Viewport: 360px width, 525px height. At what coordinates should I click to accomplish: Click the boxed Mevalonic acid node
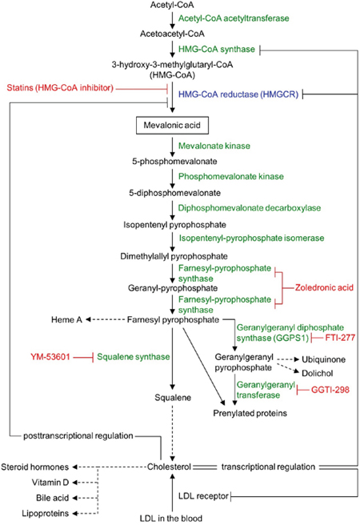coord(172,125)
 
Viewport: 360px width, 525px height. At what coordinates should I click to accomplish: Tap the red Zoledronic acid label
coord(324,287)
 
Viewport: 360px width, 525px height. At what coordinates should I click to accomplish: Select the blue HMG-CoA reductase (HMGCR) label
coord(238,94)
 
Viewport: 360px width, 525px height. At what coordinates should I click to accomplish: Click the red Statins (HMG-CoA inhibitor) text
coord(60,88)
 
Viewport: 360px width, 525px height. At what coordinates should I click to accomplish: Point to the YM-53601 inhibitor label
coord(50,357)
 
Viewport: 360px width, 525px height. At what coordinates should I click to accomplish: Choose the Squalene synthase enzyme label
coord(133,357)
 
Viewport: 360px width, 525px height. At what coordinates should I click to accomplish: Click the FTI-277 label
coord(340,338)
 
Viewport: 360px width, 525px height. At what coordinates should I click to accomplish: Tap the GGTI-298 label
coord(330,390)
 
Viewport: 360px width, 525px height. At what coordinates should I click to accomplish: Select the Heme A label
coord(66,320)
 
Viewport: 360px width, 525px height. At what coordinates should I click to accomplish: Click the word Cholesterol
coord(169,467)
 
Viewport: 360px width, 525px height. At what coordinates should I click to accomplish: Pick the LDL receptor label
coord(203,496)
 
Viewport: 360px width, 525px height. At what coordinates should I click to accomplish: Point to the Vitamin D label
coord(50,483)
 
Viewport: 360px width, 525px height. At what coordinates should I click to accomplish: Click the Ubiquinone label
coord(323,359)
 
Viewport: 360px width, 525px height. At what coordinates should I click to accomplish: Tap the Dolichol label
coord(318,373)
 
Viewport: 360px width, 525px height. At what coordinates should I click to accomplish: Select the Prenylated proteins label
coord(250,413)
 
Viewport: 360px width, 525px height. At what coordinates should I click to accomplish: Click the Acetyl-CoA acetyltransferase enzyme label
coord(234,18)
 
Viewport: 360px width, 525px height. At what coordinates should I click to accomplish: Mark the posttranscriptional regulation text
coord(78,436)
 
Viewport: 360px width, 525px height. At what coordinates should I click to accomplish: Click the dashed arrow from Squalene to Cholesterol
coord(173,433)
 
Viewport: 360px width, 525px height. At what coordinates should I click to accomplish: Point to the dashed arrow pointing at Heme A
coord(105,320)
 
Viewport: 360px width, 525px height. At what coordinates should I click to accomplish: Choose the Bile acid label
coord(52,498)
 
